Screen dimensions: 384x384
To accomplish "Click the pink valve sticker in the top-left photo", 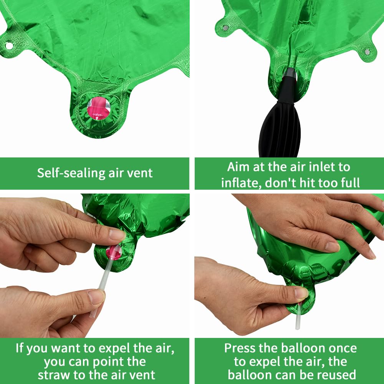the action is coord(98,108).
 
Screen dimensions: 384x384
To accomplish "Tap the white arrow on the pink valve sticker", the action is coord(97,118).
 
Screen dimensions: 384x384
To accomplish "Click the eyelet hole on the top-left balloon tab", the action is coord(9,46).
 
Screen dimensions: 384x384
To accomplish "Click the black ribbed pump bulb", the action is coord(280,130).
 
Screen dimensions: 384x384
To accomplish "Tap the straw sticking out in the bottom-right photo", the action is coord(298,316).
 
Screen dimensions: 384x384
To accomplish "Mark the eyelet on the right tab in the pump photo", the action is coord(367,52).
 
